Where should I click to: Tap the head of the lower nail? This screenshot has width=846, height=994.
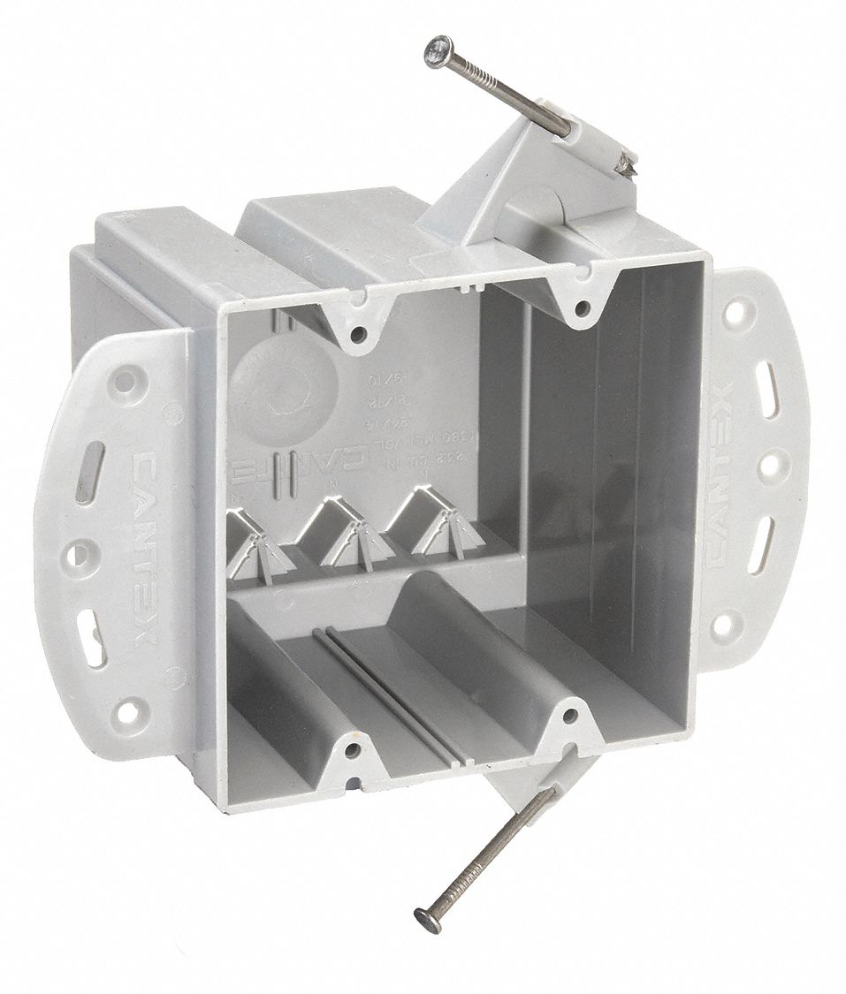pyautogui.click(x=427, y=922)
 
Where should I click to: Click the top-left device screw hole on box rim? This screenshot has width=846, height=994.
pyautogui.click(x=360, y=335)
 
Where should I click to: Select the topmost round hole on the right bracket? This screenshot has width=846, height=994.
pyautogui.click(x=732, y=313)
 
